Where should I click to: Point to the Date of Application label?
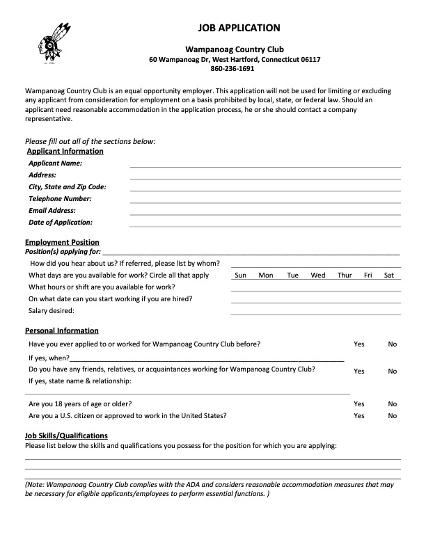tap(61, 223)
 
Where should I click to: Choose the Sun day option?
tap(241, 275)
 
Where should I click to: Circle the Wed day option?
tap(318, 275)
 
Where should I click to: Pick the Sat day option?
tap(390, 275)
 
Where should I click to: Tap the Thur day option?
tap(345, 275)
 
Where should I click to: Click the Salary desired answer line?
tap(315, 312)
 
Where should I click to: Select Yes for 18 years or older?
tap(359, 404)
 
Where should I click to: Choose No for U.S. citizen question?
tap(393, 416)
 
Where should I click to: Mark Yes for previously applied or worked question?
tap(359, 344)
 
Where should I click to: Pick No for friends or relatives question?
tap(393, 372)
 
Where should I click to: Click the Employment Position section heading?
tap(62, 243)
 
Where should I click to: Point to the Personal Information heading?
tap(62, 330)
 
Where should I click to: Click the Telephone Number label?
tap(60, 199)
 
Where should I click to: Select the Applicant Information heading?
tap(65, 151)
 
